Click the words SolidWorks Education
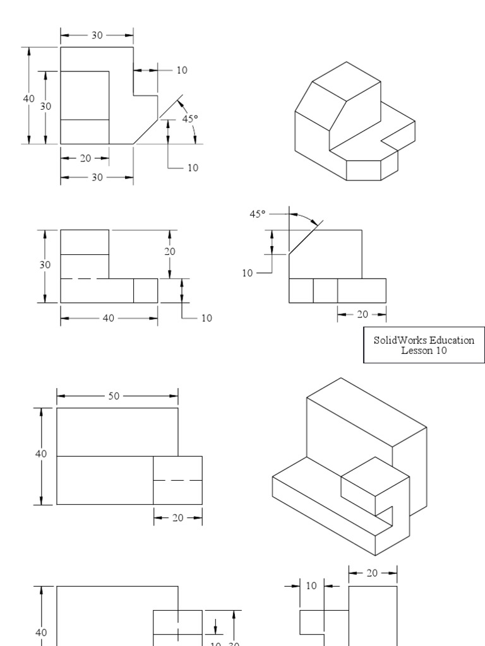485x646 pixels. coord(424,340)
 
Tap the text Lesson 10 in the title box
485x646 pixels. coord(424,351)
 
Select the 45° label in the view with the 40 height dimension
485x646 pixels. coord(189,118)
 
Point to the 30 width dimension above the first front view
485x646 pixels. coord(97,35)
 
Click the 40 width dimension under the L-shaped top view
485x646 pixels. coord(109,318)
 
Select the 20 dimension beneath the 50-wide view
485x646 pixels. coord(177,517)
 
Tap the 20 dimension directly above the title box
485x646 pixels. coord(361,314)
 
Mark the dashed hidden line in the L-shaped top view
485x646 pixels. coord(85,278)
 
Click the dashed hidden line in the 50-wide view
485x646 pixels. coord(177,480)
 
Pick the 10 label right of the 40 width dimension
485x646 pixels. coord(207,318)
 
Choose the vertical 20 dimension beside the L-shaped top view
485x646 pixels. coord(170,251)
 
